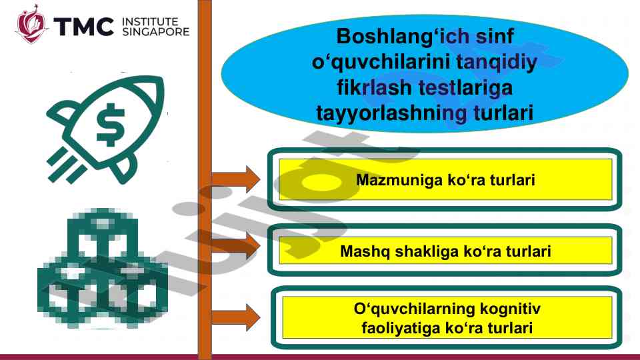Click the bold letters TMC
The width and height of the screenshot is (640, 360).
(x=84, y=27)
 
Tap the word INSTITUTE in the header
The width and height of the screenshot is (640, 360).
(x=150, y=21)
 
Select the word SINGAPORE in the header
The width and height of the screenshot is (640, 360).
(x=156, y=31)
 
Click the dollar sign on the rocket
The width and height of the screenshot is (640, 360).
(x=110, y=125)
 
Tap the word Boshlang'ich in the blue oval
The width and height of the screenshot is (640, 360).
(x=385, y=37)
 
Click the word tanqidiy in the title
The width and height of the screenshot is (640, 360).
(x=496, y=63)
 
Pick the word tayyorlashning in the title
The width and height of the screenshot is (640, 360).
(x=391, y=113)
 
